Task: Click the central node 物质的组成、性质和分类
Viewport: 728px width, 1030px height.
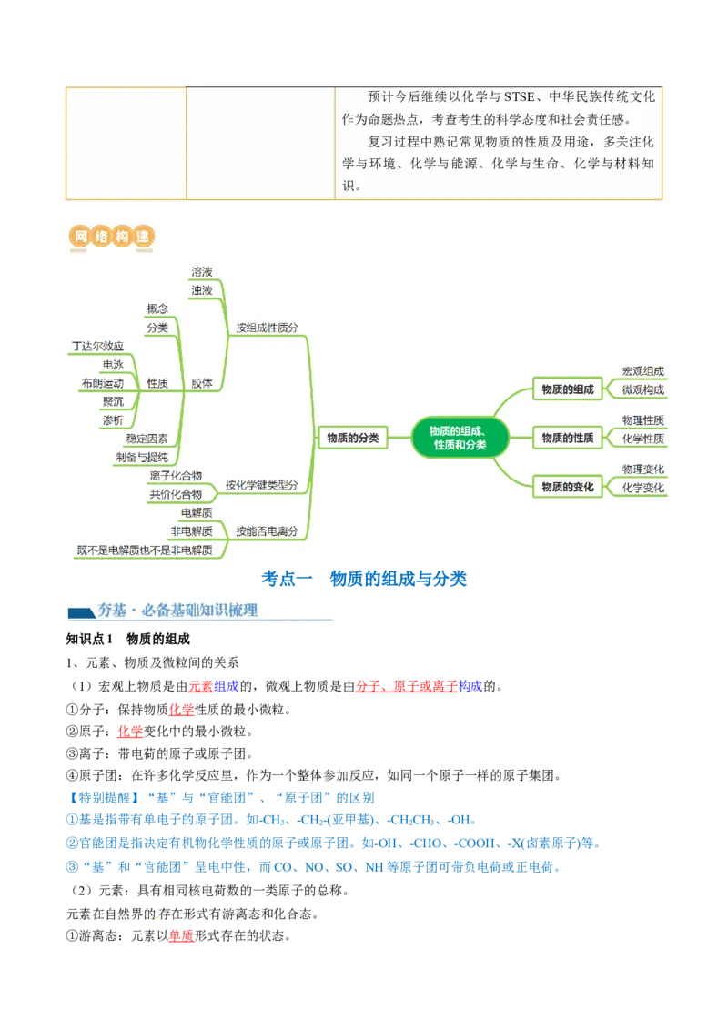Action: tap(460, 438)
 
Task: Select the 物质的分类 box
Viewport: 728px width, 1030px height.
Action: tap(352, 438)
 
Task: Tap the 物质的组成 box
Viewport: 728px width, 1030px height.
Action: tap(567, 389)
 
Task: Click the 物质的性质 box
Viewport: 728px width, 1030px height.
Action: tap(567, 438)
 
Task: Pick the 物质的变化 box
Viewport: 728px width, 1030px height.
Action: tap(567, 487)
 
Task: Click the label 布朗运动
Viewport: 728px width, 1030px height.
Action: tap(102, 383)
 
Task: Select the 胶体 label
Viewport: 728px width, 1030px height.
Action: tap(202, 383)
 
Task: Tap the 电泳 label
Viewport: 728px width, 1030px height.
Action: tap(113, 365)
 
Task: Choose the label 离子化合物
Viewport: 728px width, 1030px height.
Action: tap(176, 476)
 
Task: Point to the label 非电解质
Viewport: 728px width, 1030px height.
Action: tap(191, 530)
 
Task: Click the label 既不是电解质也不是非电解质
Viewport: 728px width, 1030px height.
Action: tap(145, 550)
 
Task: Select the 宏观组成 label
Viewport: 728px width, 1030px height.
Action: tap(642, 371)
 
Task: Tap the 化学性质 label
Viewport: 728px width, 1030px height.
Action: tap(642, 439)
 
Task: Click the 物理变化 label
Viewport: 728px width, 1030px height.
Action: tap(642, 469)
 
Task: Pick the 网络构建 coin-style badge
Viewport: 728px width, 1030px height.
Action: tap(109, 237)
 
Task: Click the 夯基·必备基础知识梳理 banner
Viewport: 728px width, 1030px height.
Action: tap(200, 609)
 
